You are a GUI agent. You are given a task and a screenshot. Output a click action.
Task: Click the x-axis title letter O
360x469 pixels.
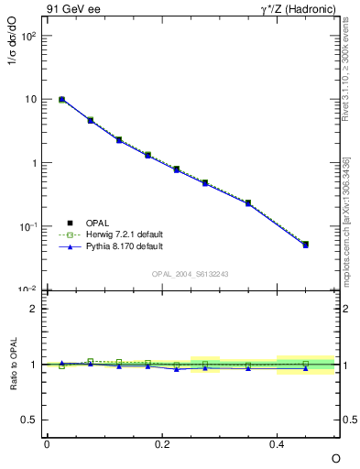coord(335,458)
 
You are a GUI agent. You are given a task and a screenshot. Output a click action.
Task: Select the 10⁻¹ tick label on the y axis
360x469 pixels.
coord(29,226)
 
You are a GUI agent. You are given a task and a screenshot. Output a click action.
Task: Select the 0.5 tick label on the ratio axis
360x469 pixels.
coord(30,420)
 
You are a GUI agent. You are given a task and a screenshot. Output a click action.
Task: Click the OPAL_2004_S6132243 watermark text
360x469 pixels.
coord(191,274)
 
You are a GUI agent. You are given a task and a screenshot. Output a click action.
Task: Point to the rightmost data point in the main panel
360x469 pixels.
coord(306,245)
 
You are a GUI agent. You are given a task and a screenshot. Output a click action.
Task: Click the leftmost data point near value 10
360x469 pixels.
coord(61,99)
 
